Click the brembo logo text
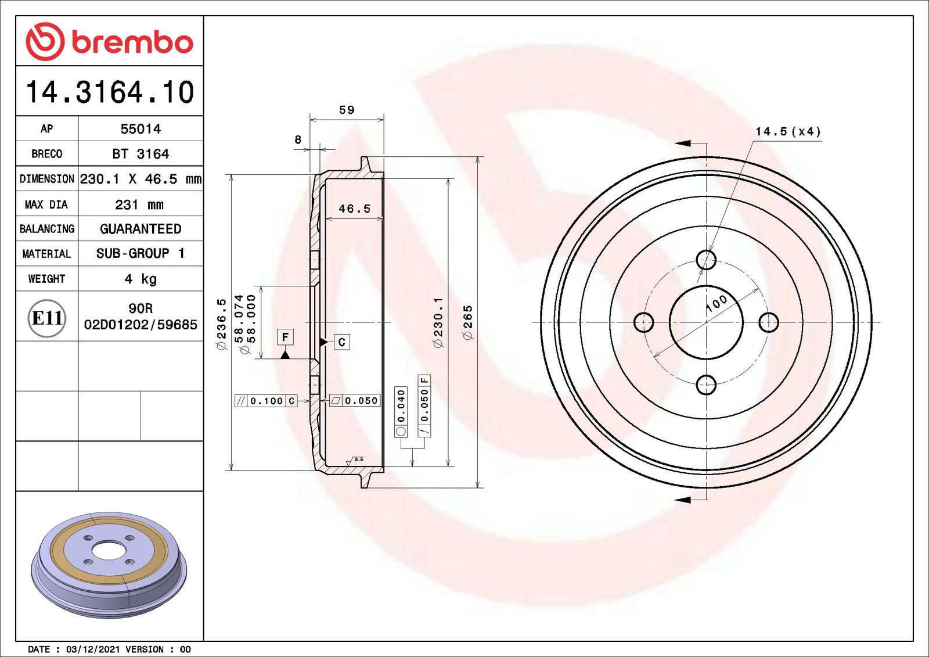click(132, 42)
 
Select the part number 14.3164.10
click(110, 92)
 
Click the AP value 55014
click(141, 129)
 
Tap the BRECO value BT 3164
click(141, 154)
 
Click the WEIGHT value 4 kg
click(141, 279)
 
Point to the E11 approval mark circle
click(46, 318)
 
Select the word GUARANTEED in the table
click(141, 229)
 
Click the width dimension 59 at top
click(347, 110)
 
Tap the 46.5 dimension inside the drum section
click(354, 209)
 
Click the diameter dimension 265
click(468, 322)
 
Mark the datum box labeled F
click(285, 337)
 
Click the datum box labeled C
click(341, 342)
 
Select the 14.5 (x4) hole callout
click(788, 132)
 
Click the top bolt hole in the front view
click(706, 260)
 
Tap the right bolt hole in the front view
click(768, 322)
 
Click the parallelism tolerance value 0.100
click(266, 401)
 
